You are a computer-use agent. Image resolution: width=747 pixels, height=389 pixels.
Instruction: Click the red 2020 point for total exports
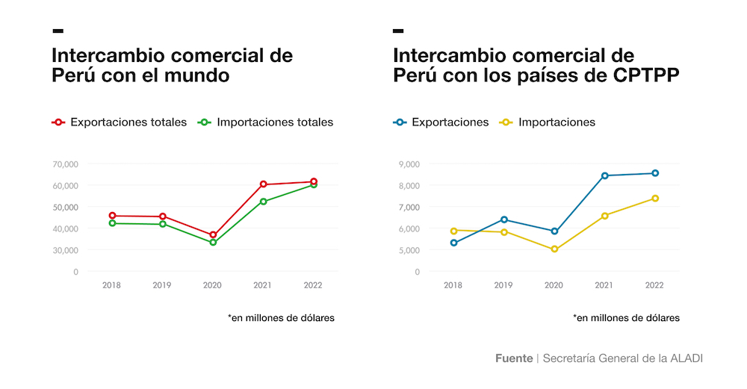pyautogui.click(x=213, y=235)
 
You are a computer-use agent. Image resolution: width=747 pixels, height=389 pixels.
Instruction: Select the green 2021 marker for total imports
pyautogui.click(x=264, y=202)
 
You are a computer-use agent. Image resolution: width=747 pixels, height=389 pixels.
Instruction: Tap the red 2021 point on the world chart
pyautogui.click(x=264, y=184)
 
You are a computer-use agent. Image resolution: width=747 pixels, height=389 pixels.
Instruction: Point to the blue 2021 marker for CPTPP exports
pyautogui.click(x=605, y=176)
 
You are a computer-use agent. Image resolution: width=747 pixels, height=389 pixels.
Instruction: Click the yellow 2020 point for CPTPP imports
pyautogui.click(x=554, y=249)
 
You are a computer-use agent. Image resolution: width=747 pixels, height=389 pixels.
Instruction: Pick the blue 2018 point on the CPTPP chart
pyautogui.click(x=453, y=243)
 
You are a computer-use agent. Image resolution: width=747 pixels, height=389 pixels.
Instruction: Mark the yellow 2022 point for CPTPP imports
pyautogui.click(x=655, y=199)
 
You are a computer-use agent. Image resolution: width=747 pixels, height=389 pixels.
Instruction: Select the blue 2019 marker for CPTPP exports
pyautogui.click(x=504, y=220)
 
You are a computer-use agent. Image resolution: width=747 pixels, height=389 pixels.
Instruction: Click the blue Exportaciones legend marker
pyautogui.click(x=400, y=122)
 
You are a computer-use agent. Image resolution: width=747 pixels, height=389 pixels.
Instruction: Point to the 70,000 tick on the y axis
pyautogui.click(x=66, y=164)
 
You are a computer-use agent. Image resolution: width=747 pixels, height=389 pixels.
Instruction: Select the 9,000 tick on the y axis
pyautogui.click(x=409, y=164)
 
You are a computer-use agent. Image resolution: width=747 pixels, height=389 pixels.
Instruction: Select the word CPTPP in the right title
pyautogui.click(x=645, y=76)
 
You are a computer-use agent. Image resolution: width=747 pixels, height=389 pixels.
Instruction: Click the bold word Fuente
pyautogui.click(x=514, y=358)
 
